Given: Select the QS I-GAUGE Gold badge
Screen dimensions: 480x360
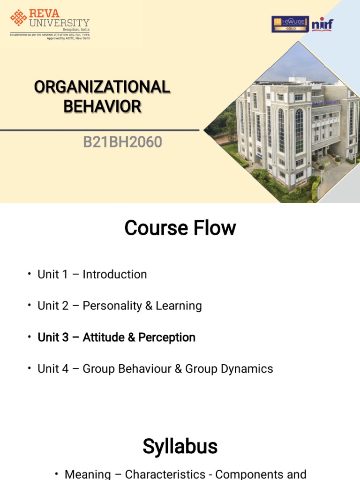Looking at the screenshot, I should pos(290,24).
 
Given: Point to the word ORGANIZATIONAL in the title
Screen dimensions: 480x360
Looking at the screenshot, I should pos(102,87).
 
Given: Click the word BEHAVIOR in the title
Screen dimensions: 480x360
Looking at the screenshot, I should pos(102,106).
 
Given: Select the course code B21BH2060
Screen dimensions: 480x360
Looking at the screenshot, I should pos(122,142).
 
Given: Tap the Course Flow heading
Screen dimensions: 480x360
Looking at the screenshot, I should pos(180,228).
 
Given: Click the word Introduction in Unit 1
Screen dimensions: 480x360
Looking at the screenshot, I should pos(115,274).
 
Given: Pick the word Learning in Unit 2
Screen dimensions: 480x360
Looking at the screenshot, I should pos(179,306).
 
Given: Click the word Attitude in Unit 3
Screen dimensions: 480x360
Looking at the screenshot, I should pos(103,337).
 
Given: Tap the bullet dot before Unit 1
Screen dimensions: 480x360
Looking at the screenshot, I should pos(29,274).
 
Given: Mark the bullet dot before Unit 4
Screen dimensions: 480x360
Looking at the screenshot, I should pos(29,369).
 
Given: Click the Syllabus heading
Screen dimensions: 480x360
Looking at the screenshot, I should pos(180,447).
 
